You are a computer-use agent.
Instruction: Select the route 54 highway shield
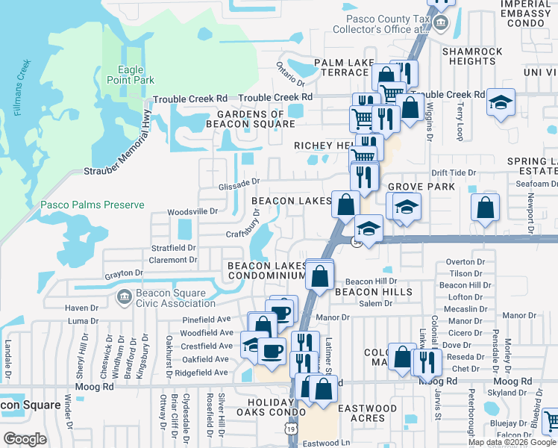(x=358, y=243)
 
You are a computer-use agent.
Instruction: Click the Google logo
(x=25, y=438)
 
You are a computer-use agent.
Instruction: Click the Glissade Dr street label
(x=239, y=181)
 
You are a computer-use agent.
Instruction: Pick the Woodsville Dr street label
(x=192, y=211)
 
